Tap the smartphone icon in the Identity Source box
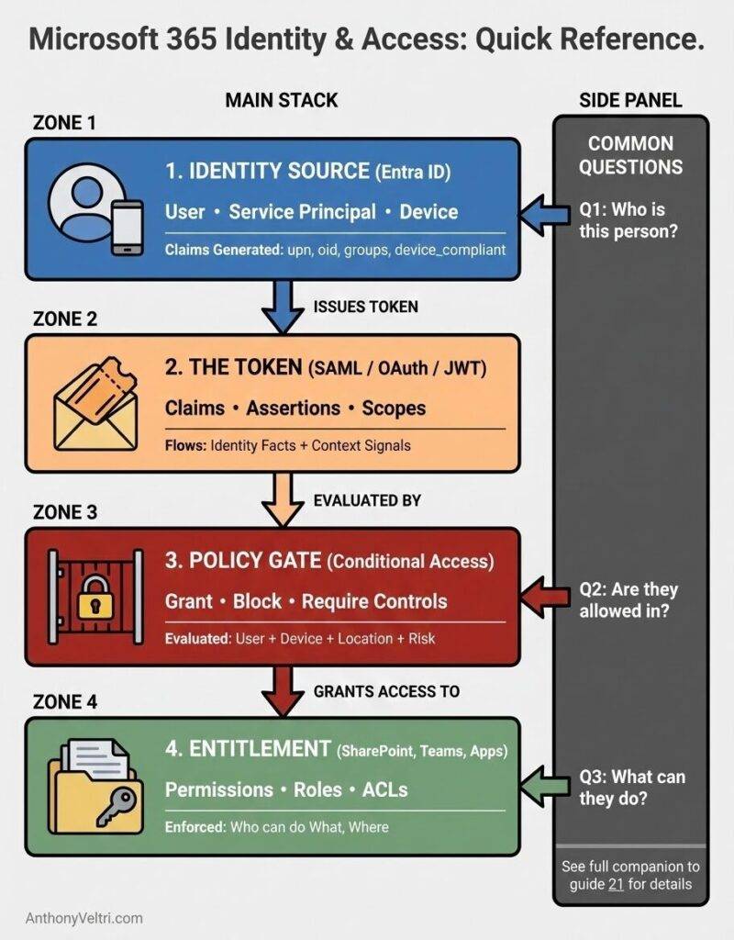pyautogui.click(x=127, y=227)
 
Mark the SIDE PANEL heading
pyautogui.click(x=630, y=100)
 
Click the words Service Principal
pyautogui.click(x=302, y=212)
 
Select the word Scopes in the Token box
pyautogui.click(x=394, y=408)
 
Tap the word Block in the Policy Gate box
pyautogui.click(x=257, y=602)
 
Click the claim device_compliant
pyautogui.click(x=450, y=249)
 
